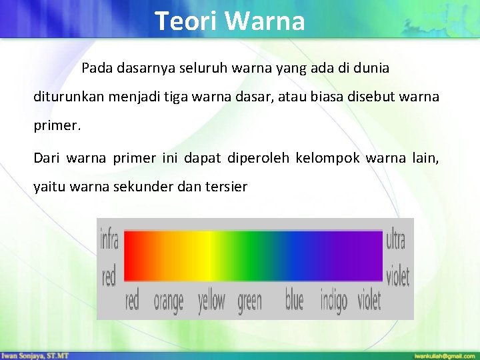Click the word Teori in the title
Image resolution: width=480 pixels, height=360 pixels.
point(187,21)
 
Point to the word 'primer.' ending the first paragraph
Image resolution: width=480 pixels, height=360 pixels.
point(57,125)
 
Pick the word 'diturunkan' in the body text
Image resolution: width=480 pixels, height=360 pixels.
point(66,97)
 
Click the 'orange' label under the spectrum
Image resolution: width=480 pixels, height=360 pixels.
point(168,301)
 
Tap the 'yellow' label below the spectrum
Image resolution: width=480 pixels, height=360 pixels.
point(211,301)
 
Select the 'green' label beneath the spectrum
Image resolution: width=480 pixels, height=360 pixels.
point(249,301)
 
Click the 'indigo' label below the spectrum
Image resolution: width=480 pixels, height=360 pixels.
point(333,302)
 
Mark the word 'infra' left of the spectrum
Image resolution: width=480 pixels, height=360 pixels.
point(109,239)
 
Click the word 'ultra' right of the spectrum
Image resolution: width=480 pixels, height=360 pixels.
point(395,239)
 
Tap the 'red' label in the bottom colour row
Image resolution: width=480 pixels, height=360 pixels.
point(132,301)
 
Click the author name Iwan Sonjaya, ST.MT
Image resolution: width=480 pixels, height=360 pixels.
point(35,355)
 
